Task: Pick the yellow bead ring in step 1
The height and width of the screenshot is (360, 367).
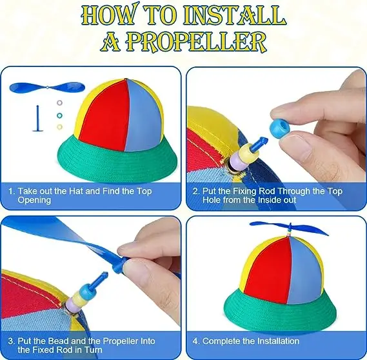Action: click(60, 126)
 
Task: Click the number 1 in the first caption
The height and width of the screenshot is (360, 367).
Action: click(11, 192)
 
